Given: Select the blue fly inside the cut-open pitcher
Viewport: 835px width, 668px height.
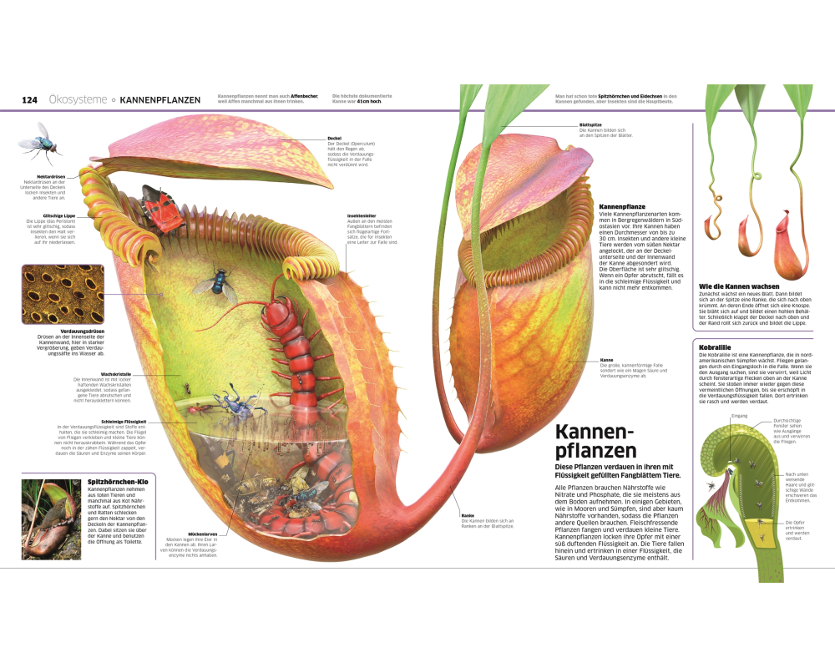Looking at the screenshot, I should (x=216, y=281).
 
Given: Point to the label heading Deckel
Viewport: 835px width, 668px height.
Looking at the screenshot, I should (x=335, y=138).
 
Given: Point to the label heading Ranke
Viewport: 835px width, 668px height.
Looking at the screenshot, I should (x=468, y=516).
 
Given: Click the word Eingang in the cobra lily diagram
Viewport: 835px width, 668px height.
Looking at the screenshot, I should (x=738, y=415).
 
